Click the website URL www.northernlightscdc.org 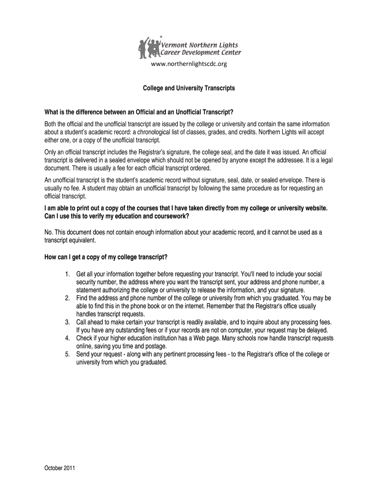(189, 64)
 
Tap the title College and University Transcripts (189, 88)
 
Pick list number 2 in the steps (67, 298)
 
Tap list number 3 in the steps (67, 322)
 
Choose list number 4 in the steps (67, 338)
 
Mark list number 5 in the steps (67, 354)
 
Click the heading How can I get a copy (106, 257)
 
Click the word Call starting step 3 (82, 322)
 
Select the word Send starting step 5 (83, 354)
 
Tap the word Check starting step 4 (84, 338)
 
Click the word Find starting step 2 (82, 298)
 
